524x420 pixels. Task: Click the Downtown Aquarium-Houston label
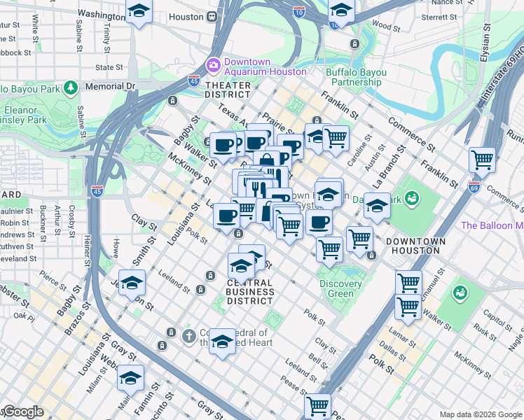click(x=265, y=66)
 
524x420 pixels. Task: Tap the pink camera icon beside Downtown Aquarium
click(x=213, y=65)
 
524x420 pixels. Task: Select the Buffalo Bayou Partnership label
click(x=353, y=77)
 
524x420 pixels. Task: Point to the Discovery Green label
click(x=340, y=288)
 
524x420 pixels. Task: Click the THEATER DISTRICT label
click(x=228, y=89)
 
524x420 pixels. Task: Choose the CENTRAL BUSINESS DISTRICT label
click(x=240, y=291)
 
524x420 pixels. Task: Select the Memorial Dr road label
click(x=109, y=86)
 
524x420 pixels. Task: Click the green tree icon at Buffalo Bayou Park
click(x=70, y=87)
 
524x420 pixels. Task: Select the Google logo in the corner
click(x=23, y=412)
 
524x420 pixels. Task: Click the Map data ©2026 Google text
click(x=480, y=414)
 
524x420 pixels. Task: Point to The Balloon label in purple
click(x=492, y=225)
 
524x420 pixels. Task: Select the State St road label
click(x=109, y=68)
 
